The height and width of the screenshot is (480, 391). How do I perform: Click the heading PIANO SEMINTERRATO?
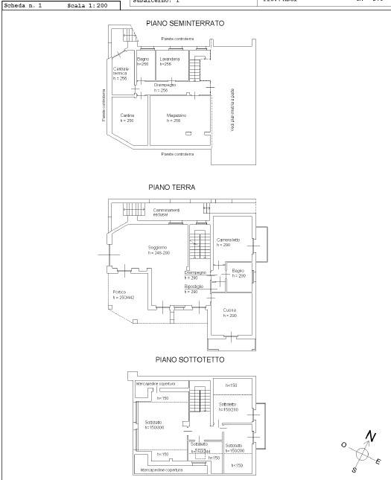tap(185, 24)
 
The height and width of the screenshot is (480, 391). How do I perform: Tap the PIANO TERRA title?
tap(171, 188)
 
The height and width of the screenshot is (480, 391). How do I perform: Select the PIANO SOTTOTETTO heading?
tap(189, 359)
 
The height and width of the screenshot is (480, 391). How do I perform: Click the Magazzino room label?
tap(176, 116)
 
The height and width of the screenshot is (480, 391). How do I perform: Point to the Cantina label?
tap(127, 116)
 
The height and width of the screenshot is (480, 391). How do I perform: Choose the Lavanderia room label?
tap(170, 59)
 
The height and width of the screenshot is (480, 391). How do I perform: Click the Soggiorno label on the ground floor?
tap(157, 247)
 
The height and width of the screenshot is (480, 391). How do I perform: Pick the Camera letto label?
tap(228, 240)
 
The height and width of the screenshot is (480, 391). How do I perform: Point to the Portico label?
tap(119, 292)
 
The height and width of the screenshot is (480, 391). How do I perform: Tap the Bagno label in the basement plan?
tap(143, 59)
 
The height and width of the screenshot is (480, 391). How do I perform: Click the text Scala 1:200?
tap(86, 4)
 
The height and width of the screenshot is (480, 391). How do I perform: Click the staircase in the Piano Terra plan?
tap(198, 246)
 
